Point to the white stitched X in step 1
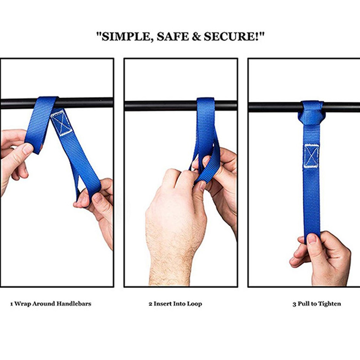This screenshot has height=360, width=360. point(61,123)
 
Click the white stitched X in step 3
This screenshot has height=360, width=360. point(311,156)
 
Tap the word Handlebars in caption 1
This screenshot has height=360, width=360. point(74,304)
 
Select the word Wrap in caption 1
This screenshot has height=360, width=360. point(22,304)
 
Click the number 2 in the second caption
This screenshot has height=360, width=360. point(150,304)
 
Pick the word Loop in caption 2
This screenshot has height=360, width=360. point(194,304)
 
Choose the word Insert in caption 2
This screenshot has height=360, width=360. point(162,304)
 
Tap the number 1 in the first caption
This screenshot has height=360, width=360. point(12,304)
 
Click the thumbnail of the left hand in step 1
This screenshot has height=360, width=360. point(28,149)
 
